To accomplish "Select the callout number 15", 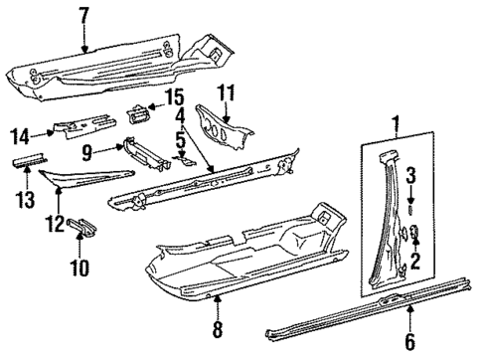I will point(175,96).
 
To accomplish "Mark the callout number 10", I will point(80,267).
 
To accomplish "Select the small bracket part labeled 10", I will point(82,231).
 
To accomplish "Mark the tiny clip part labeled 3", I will point(411,210).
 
